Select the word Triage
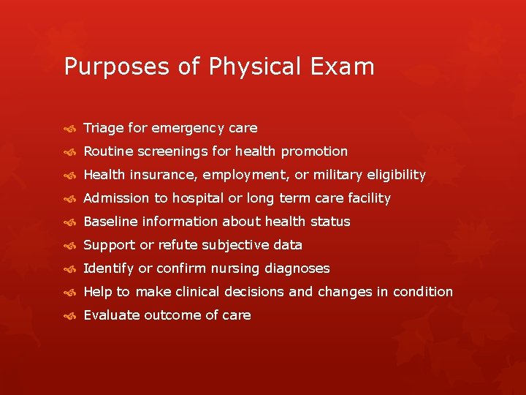(103, 128)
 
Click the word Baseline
(110, 222)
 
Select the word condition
(423, 292)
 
